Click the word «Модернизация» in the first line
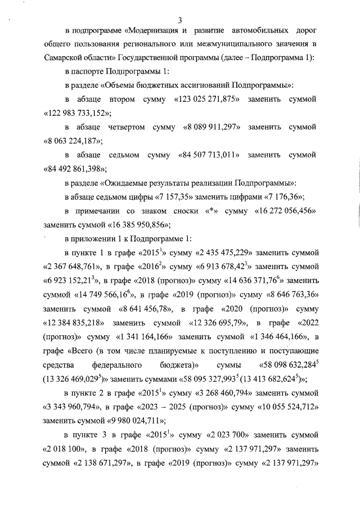[x=159, y=29]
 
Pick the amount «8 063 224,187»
[x=74, y=141]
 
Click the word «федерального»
[x=122, y=363]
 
